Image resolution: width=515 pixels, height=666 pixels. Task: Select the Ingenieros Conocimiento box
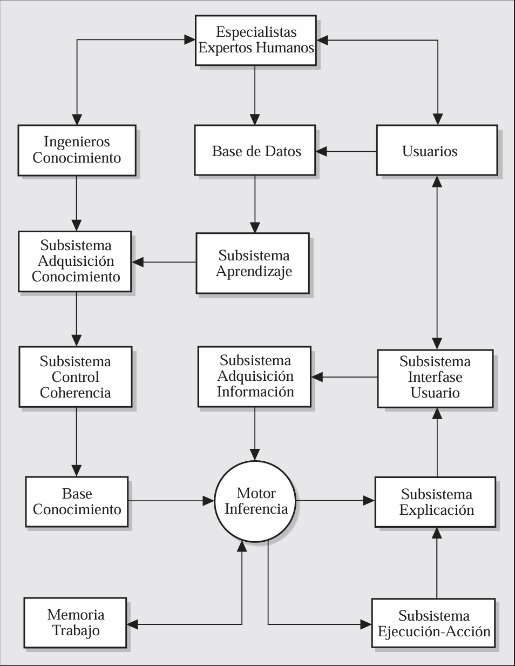point(77,150)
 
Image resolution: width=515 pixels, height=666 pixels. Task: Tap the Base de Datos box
point(255,150)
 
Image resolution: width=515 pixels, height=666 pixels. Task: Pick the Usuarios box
point(437,150)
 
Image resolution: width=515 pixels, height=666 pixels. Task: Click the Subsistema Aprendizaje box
point(253,263)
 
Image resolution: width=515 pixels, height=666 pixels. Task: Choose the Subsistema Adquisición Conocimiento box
point(75,261)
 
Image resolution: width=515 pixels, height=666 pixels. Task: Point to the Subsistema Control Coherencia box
point(76,376)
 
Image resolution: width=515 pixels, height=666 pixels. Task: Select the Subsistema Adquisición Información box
point(254,376)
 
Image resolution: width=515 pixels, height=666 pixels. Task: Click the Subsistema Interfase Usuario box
point(436,379)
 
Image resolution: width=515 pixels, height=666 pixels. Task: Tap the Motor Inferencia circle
point(255,501)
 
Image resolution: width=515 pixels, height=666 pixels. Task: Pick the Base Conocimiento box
point(77,502)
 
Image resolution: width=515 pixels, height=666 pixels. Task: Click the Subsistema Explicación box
point(436,502)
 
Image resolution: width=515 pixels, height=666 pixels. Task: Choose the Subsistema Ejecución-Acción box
point(433,623)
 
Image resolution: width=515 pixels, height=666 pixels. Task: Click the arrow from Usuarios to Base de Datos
point(346,151)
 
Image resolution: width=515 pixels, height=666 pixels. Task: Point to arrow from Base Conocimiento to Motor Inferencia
point(171,501)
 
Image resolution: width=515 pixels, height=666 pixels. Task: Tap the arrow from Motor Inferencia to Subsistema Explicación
point(335,501)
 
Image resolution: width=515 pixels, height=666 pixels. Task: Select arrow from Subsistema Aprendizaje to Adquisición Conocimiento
point(164,262)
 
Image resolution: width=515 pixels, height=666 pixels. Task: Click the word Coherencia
point(76,393)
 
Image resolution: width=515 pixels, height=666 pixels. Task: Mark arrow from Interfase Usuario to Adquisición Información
point(344,377)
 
